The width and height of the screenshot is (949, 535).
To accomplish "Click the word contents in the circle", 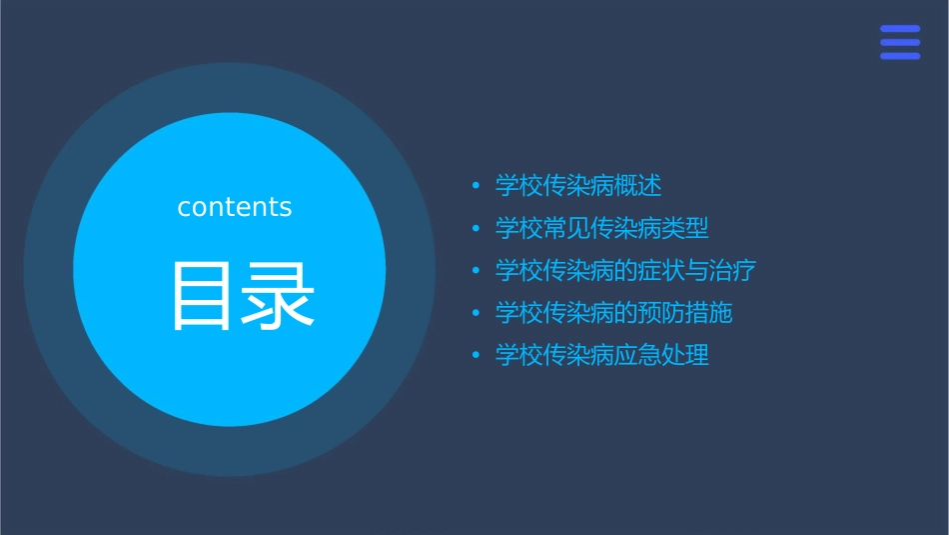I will click(235, 207).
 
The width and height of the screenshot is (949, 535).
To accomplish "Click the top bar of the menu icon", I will click(900, 29).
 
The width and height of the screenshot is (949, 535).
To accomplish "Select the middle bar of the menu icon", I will click(900, 42).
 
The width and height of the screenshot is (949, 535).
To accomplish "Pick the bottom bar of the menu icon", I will click(900, 56).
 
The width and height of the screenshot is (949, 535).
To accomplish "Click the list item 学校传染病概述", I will click(578, 186).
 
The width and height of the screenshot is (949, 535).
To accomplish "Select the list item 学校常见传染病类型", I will click(601, 228).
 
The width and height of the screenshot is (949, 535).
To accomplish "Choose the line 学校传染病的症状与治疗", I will click(625, 271).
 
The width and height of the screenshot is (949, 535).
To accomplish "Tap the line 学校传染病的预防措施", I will click(613, 313).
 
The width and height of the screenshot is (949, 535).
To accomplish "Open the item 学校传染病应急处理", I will click(601, 355).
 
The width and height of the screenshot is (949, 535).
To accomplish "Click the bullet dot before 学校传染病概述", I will click(475, 186).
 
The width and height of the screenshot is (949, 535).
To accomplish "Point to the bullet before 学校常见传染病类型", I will click(475, 229).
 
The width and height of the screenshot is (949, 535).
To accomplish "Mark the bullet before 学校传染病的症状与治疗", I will click(475, 271).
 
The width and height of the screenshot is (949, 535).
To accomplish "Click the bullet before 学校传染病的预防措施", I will click(475, 314).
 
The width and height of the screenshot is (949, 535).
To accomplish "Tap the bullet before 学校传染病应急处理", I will click(475, 356).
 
